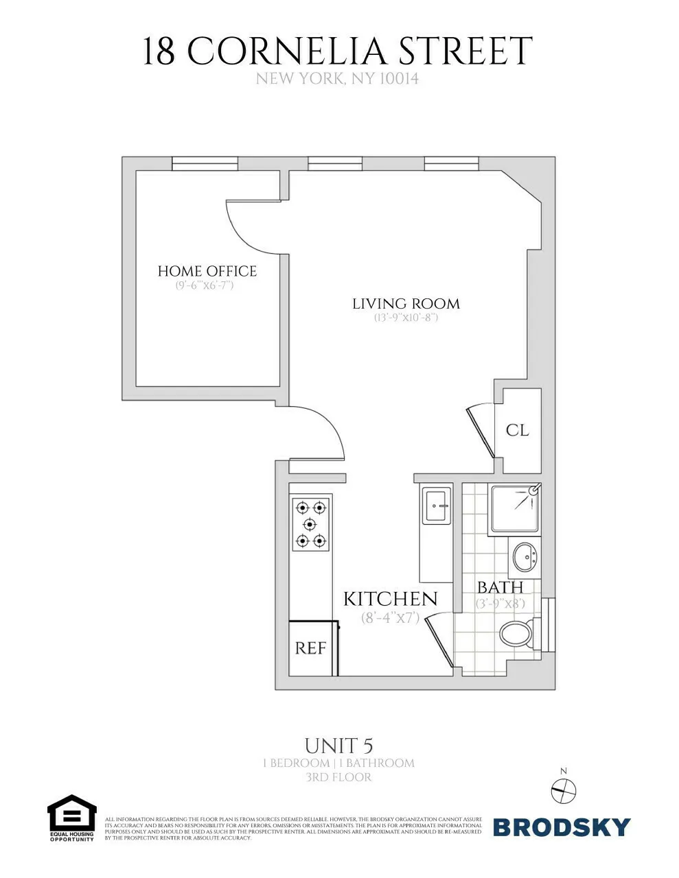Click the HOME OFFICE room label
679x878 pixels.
coord(207,271)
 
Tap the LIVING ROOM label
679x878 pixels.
coord(406,303)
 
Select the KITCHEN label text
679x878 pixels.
coord(390,599)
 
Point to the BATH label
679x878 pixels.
coord(500,588)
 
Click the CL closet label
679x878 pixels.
coord(517,430)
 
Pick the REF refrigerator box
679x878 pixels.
coord(310,648)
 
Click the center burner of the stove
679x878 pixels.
coord(310,525)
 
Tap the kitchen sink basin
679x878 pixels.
coord(437,506)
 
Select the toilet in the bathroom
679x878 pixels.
coord(516,634)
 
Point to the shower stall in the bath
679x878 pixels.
coord(515,510)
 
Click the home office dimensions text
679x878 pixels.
coord(205,285)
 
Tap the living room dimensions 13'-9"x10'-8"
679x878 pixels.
coord(406,318)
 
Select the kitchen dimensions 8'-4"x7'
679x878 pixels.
coord(390,617)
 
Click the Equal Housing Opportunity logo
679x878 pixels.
coord(71,818)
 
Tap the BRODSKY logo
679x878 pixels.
coord(561,827)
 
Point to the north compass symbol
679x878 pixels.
coord(564,791)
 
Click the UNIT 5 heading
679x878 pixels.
coord(338,746)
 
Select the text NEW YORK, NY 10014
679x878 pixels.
coord(337,79)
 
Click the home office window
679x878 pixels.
coord(205,163)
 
